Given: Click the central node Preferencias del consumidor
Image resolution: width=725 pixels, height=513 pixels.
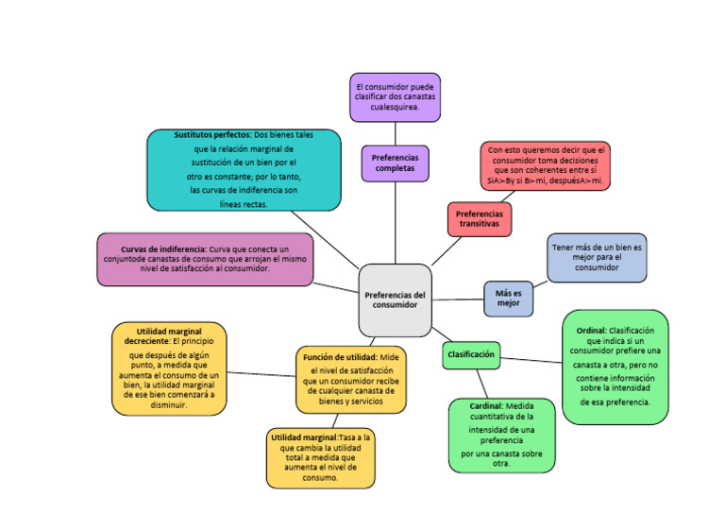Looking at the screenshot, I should tap(395, 300).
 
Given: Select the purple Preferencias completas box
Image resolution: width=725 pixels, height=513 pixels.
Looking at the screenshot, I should tap(395, 162).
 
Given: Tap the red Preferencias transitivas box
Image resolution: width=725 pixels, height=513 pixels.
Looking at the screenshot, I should tap(479, 219).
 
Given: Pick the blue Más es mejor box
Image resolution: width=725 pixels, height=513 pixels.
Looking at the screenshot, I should tap(508, 298).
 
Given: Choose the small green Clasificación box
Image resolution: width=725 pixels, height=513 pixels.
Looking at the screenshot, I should tap(470, 354).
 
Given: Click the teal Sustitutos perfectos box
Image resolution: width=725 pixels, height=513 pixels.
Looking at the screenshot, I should tap(244, 169).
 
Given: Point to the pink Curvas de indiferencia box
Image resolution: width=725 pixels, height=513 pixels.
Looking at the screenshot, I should tap(205, 259).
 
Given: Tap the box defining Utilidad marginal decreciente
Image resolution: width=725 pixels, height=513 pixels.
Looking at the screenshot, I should tap(169, 368).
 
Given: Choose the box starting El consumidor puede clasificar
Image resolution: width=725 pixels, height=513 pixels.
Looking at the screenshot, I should tap(395, 97).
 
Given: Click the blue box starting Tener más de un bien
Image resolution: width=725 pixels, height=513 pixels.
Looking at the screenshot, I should tap(597, 258).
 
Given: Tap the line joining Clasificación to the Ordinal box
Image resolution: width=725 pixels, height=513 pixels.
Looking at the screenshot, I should tap(531, 360).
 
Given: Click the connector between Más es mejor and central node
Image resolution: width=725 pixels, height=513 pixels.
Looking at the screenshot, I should tap(457, 299).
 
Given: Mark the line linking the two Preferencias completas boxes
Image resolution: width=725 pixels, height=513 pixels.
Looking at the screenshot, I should tap(395, 133).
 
